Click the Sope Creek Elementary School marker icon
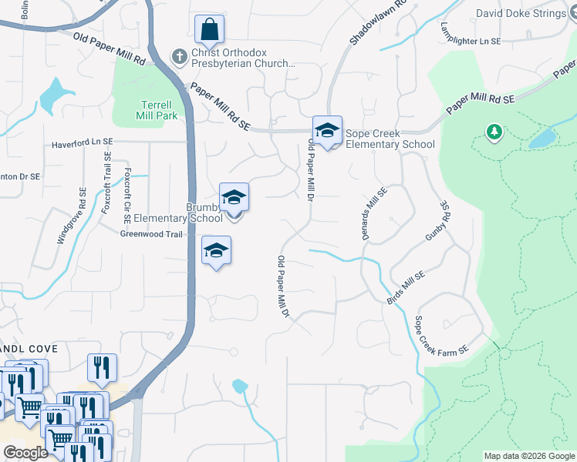tap(327, 132)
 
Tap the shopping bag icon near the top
tap(209, 32)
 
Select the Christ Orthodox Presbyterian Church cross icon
tap(179, 56)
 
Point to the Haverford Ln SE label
tap(83, 143)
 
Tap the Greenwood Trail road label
tap(150, 234)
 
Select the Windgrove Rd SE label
tap(70, 216)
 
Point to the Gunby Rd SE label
tap(437, 223)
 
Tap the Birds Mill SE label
tap(406, 286)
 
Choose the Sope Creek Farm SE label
tap(441, 336)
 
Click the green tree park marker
tap(494, 132)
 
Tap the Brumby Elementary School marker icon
tap(234, 198)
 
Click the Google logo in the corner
tap(25, 453)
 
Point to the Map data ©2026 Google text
tap(529, 456)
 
